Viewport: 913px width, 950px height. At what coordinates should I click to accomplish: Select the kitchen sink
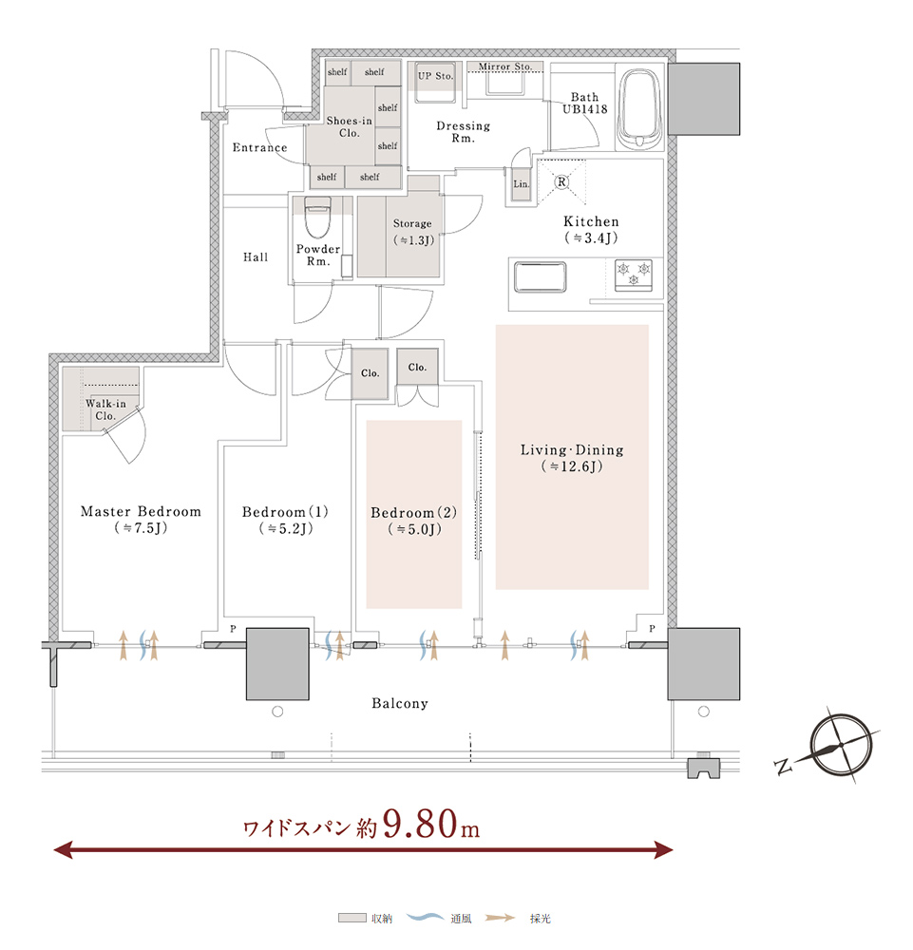coord(540,276)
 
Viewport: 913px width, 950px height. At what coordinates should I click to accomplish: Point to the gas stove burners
coord(634,275)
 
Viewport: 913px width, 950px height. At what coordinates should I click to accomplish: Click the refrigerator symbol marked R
coord(561,181)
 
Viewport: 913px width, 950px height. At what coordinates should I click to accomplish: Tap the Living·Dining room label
coord(572,458)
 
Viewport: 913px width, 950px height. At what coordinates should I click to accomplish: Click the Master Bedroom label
coord(141,520)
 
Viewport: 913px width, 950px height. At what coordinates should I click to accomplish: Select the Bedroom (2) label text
coord(414,521)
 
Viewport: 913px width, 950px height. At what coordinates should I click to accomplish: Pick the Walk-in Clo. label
coord(105,409)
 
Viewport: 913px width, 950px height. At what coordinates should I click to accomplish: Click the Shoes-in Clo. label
coord(349,126)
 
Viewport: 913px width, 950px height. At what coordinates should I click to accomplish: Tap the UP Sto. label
coord(435,76)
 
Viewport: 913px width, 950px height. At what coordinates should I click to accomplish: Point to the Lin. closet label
coord(521,183)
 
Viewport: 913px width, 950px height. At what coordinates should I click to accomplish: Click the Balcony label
coord(400,703)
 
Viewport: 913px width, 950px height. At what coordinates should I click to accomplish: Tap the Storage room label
coord(413,232)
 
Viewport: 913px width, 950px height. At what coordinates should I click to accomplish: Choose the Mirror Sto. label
coord(505,66)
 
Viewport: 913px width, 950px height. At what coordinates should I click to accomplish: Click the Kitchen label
coord(591,230)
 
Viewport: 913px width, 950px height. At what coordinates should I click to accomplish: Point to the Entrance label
coord(260,147)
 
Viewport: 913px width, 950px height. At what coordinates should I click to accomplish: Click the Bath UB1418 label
coord(584,103)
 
